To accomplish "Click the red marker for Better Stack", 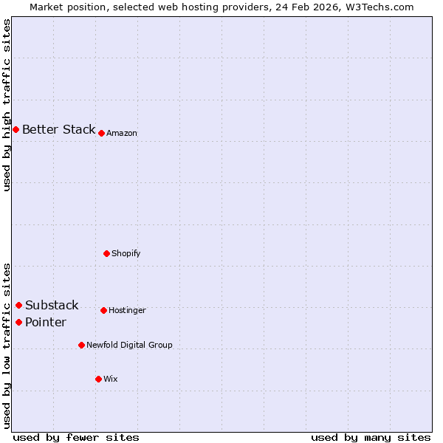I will (16, 129).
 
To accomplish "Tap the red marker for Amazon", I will (101, 133).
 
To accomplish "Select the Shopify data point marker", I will (106, 253).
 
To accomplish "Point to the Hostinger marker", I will (103, 310).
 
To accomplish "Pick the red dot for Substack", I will (18, 305).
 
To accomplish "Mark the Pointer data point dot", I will (18, 322).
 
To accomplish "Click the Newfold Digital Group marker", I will (81, 345).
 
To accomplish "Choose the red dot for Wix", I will (98, 379).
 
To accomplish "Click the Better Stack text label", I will (58, 129).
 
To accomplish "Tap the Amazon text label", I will (122, 133).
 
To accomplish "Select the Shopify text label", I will (126, 253).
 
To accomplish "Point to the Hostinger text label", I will (127, 310).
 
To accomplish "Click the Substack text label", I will (52, 305).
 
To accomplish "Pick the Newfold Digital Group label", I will (129, 345).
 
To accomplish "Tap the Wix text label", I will (111, 379).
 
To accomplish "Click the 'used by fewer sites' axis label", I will (76, 437).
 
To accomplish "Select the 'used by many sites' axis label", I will (371, 437).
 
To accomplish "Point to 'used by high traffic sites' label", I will (7, 105).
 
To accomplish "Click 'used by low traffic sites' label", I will (7, 346).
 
